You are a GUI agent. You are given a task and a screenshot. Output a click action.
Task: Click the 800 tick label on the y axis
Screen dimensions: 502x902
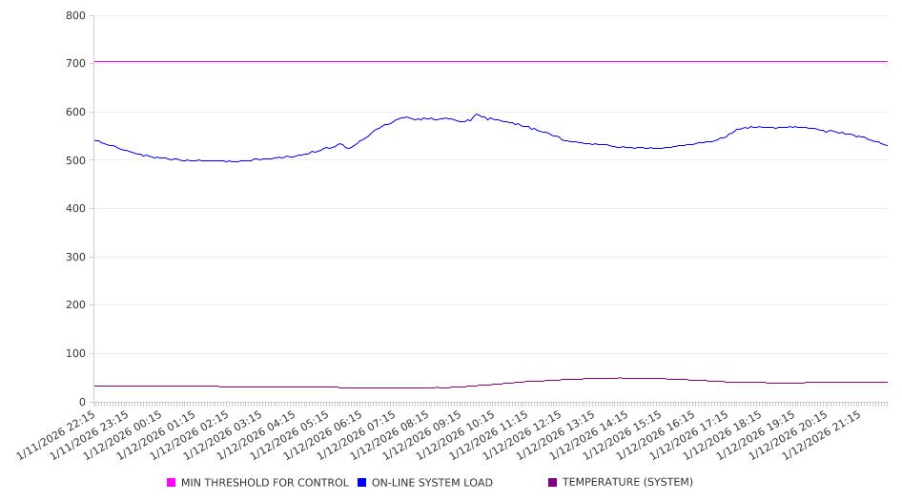(75, 16)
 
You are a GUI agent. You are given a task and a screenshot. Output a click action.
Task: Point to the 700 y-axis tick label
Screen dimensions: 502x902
(75, 64)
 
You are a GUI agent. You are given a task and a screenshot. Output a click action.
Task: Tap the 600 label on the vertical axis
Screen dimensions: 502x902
(75, 113)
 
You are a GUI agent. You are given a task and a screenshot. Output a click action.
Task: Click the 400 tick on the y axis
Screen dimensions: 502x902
(75, 209)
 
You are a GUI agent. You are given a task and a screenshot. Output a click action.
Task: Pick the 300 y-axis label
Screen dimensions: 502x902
(75, 258)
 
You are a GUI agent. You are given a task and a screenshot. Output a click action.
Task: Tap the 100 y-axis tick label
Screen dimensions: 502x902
(75, 354)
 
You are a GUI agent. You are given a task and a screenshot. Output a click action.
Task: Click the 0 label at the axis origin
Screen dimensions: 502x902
(82, 403)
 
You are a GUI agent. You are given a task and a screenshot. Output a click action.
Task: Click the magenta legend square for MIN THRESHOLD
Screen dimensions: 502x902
(172, 483)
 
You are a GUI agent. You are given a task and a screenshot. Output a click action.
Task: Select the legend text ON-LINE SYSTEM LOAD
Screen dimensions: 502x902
(432, 483)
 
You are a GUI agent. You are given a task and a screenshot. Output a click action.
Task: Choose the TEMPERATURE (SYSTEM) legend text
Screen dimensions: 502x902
(627, 483)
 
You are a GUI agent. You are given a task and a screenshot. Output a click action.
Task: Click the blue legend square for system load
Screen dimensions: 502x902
(362, 483)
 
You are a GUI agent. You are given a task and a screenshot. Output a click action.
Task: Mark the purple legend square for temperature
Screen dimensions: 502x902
(553, 483)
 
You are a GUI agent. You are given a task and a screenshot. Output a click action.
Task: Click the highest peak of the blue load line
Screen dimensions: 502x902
(477, 115)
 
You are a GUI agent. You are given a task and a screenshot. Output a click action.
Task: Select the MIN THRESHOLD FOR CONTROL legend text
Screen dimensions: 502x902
(265, 483)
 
